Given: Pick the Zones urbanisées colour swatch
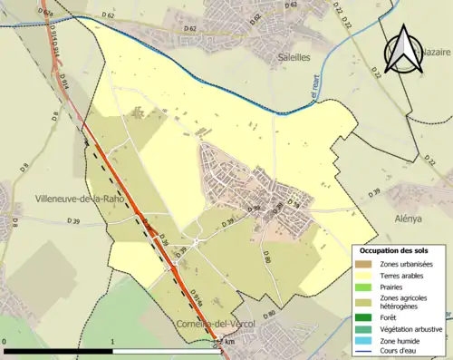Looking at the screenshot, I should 365,264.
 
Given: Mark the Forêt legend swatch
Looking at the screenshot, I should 365,318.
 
